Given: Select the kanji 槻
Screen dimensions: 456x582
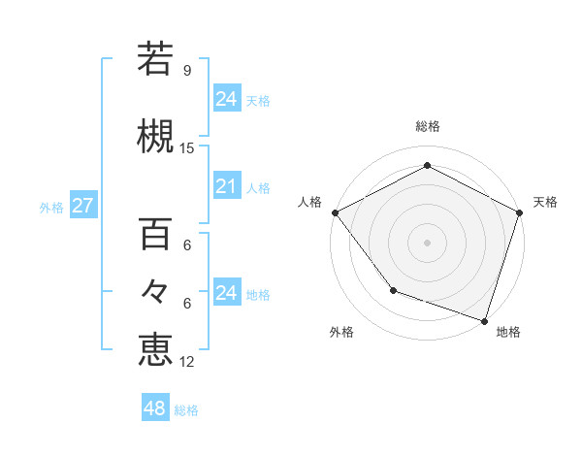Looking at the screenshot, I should [x=156, y=135].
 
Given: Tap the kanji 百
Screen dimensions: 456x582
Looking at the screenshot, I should [x=156, y=234].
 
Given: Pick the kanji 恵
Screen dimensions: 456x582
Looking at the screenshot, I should [x=156, y=349].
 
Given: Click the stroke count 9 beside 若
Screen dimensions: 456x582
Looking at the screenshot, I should [x=186, y=71].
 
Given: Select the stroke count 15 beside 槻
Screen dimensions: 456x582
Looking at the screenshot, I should [x=187, y=148].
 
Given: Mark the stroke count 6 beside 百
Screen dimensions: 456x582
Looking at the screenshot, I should [x=187, y=245].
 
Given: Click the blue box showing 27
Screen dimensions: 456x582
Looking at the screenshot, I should [x=82, y=206].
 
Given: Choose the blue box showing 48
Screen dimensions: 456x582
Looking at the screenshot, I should [x=155, y=408].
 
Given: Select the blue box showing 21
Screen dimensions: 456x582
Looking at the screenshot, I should [x=226, y=186].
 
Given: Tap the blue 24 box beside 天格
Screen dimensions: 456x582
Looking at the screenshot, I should [x=226, y=99].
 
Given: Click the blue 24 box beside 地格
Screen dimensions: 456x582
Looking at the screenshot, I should [x=226, y=293].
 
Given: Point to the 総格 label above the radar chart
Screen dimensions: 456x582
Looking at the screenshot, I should [x=427, y=126].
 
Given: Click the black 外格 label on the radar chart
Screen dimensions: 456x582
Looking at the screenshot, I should [x=341, y=333].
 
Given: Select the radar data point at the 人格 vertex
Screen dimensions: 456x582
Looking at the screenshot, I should [x=335, y=212].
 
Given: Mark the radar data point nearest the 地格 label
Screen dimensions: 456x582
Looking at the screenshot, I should [x=484, y=320].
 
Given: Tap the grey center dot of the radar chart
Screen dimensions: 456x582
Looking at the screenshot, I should [x=427, y=242].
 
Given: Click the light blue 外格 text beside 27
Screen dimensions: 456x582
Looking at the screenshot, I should [x=50, y=207].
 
